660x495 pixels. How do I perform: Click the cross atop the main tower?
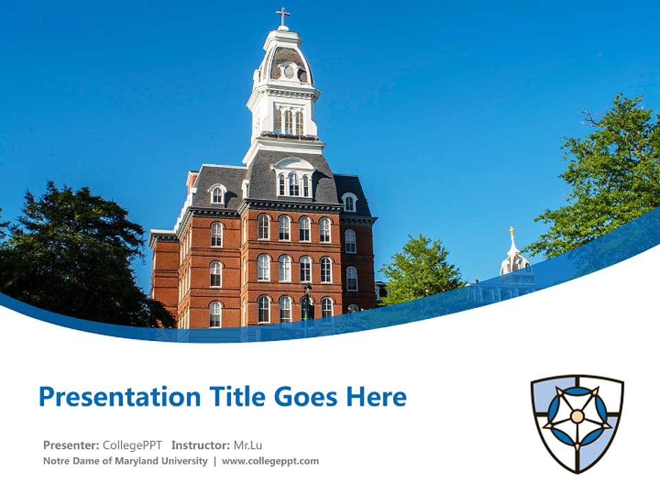click(283, 15)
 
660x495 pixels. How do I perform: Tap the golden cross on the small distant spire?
click(511, 232)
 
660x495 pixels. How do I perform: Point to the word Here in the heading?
click(375, 397)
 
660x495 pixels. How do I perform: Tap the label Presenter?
click(71, 445)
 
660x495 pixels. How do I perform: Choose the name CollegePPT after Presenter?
click(133, 445)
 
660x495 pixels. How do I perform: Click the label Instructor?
click(201, 445)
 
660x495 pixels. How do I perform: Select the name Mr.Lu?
click(248, 445)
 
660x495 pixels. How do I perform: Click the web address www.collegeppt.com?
click(270, 461)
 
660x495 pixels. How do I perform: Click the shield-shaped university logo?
click(577, 423)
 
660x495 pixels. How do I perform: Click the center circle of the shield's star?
click(577, 417)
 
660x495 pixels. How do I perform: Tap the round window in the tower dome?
click(289, 71)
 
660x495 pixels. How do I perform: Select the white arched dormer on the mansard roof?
click(294, 177)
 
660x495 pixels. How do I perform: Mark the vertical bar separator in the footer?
click(214, 461)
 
